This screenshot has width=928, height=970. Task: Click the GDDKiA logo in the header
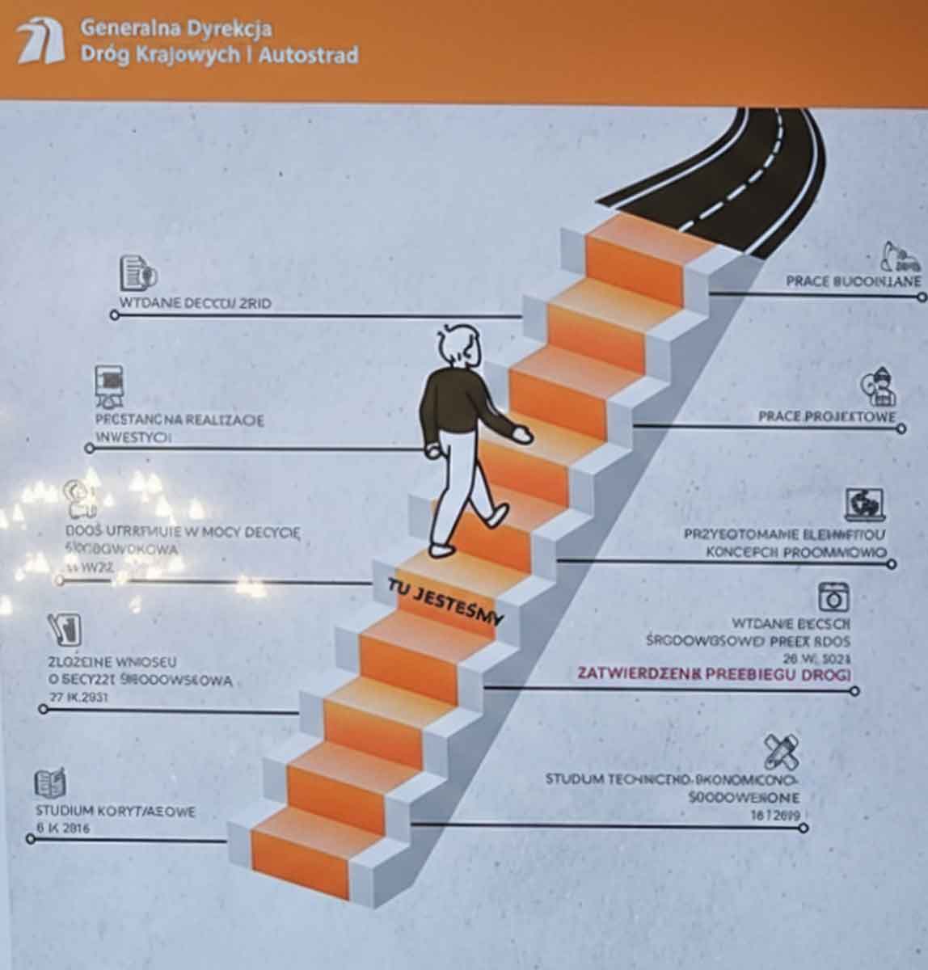(41, 42)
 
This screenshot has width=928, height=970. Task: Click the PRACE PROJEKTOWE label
(827, 417)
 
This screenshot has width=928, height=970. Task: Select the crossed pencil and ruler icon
(781, 752)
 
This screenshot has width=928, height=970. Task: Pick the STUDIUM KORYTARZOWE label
(115, 812)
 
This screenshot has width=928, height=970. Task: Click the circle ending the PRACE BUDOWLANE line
(922, 297)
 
